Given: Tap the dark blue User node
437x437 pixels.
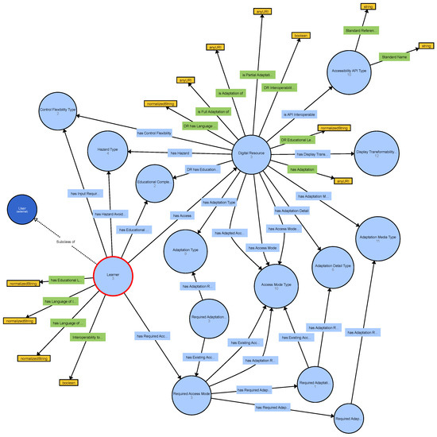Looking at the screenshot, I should click(22, 209).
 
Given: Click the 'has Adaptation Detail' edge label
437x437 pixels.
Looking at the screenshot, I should click(292, 211).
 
